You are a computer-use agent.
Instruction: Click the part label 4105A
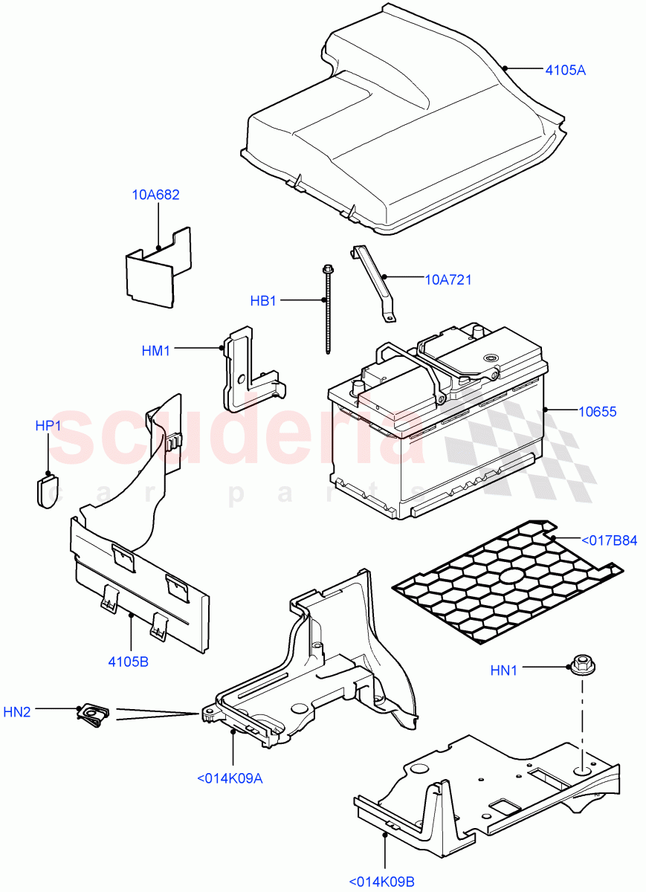point(565,71)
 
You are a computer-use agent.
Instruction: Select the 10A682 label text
point(156,195)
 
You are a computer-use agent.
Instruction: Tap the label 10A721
point(448,280)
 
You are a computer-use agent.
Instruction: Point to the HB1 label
point(263,301)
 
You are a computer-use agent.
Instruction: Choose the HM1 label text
point(156,350)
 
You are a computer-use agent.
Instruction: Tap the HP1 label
point(48,426)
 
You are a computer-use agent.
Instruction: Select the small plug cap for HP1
point(47,491)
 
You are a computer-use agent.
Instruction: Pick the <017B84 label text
point(609,540)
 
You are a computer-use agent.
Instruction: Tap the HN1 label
point(503,670)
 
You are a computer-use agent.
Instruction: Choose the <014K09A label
point(230,778)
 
